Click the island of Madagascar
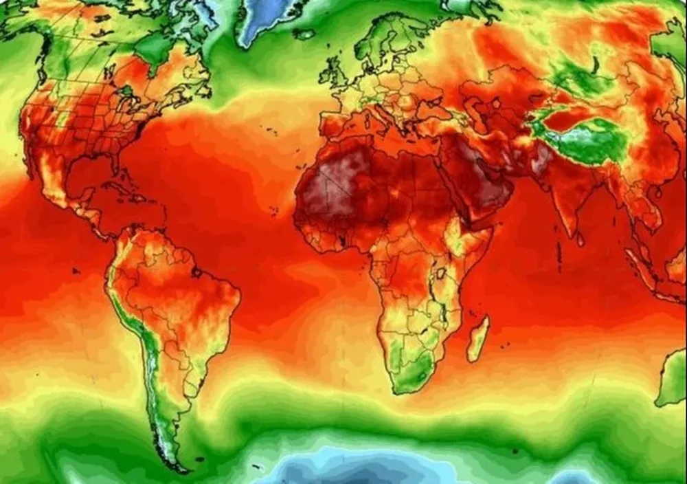478,339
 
